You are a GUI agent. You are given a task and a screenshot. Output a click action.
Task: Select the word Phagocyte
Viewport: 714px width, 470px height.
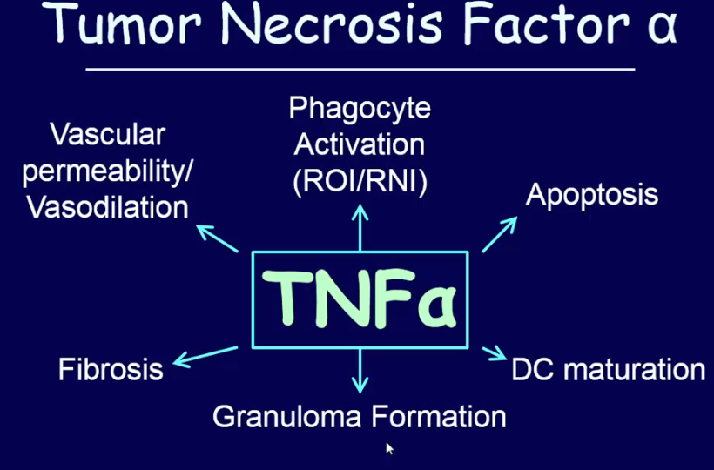point(359,111)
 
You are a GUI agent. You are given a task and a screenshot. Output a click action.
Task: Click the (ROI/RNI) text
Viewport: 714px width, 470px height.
point(359,184)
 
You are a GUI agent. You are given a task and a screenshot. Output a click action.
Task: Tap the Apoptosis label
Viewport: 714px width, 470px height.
point(591,194)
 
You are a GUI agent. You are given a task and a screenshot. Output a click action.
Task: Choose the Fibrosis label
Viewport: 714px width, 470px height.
point(111,369)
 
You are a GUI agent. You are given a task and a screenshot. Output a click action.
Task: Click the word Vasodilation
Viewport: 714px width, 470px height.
point(106,207)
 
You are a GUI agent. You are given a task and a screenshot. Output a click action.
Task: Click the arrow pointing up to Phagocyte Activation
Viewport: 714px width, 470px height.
point(360,228)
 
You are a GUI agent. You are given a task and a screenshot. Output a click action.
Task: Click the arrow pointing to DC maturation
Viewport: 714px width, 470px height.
point(493,352)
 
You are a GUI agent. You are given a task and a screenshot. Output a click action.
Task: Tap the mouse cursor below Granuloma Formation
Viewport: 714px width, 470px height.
point(389,448)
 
